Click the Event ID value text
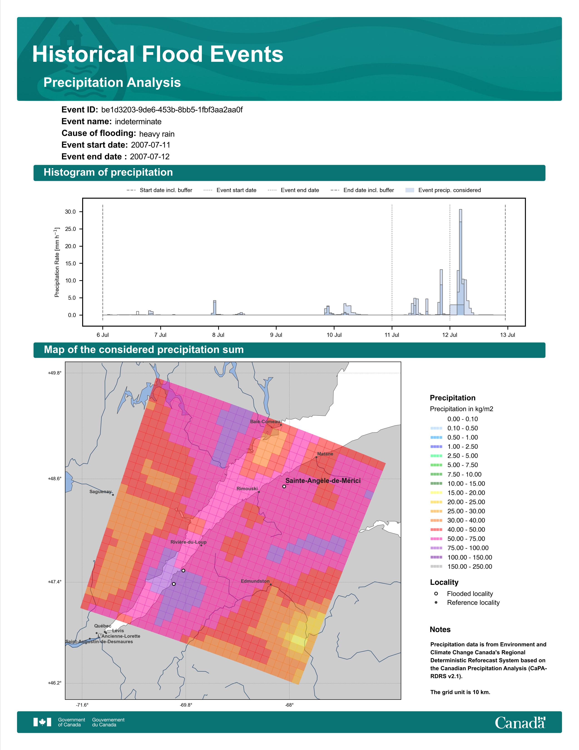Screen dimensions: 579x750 click(x=172, y=110)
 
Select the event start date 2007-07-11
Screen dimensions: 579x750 click(x=151, y=145)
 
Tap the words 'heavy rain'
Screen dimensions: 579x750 click(x=157, y=134)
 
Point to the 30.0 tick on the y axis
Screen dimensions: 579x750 click(x=70, y=212)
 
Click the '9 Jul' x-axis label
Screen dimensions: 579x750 click(x=276, y=335)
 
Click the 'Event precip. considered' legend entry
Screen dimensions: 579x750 click(x=443, y=190)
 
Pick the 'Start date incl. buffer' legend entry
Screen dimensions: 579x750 click(x=159, y=190)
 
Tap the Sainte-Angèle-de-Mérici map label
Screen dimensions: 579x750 click(x=323, y=481)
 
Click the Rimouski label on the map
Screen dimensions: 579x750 click(x=247, y=489)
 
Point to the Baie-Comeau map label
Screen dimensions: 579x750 click(x=265, y=422)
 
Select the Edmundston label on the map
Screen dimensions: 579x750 click(x=255, y=581)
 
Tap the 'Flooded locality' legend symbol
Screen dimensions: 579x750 click(x=436, y=594)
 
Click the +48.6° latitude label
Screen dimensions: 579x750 click(x=55, y=478)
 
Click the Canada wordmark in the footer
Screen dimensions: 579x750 click(x=520, y=722)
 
